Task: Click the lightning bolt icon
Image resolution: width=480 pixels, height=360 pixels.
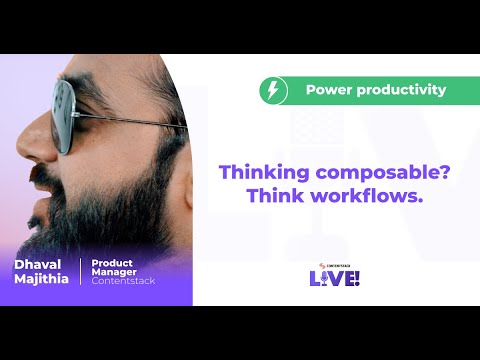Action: [x=273, y=91]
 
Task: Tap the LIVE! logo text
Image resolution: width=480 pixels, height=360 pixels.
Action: [x=335, y=278]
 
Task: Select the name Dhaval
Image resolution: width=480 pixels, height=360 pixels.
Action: [x=38, y=264]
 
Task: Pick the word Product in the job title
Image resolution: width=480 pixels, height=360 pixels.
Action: [x=112, y=262]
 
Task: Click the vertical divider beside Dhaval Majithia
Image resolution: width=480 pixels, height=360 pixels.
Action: [x=79, y=272]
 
